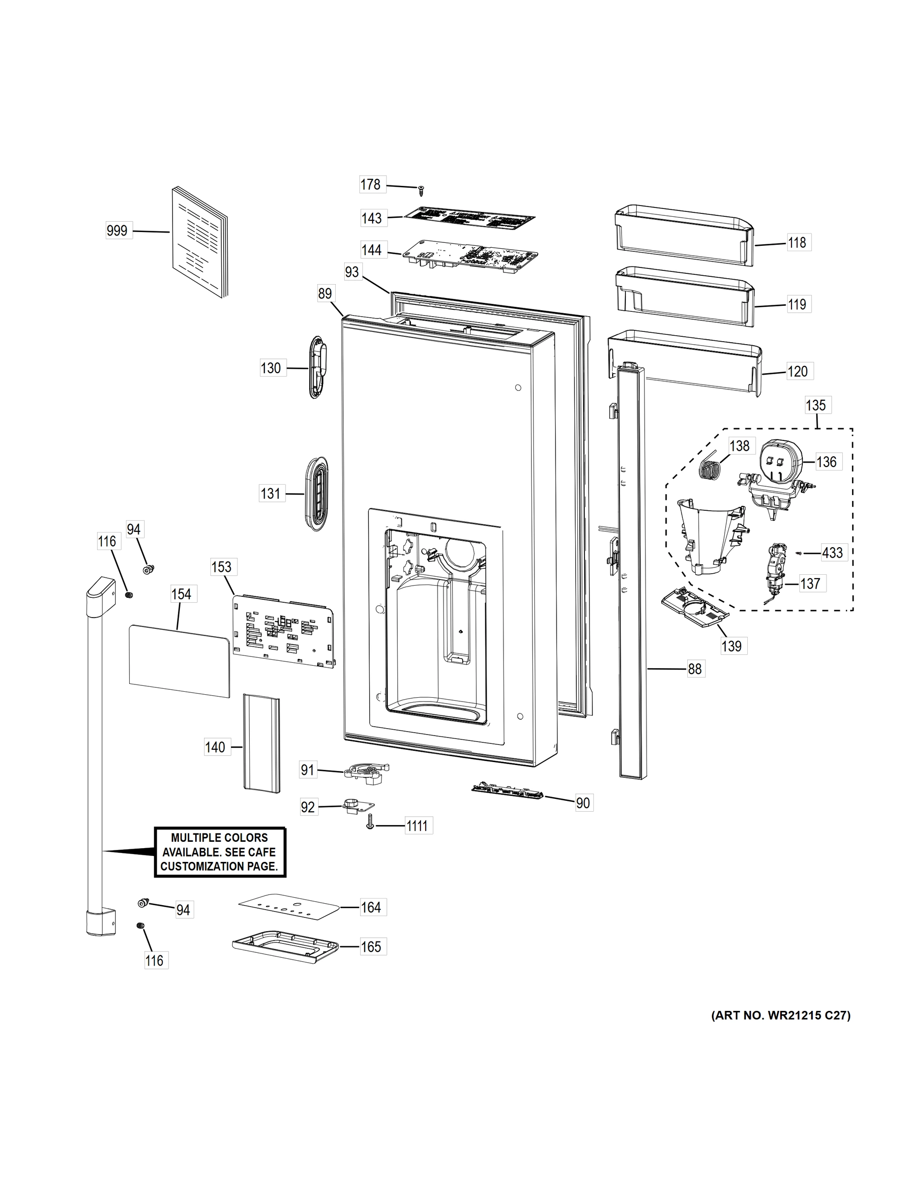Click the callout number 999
(x=117, y=231)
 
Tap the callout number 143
(x=372, y=218)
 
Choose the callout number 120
(x=797, y=371)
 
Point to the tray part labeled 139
(x=695, y=608)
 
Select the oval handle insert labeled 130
(x=317, y=367)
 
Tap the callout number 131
(x=271, y=493)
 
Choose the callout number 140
(x=215, y=747)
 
